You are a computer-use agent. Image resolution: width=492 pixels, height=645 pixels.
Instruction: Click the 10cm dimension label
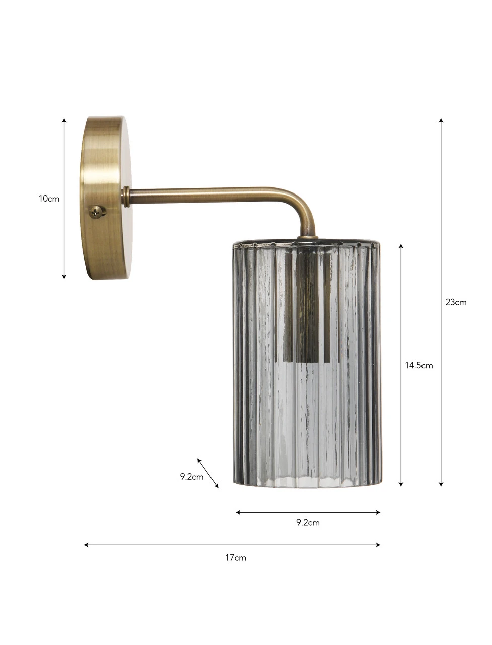click(x=49, y=199)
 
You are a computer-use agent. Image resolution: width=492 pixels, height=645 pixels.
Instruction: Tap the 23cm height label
click(x=456, y=302)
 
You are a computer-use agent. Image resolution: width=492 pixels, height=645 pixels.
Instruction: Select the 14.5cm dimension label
click(x=418, y=365)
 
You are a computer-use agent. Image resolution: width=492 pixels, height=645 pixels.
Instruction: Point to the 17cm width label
click(x=236, y=558)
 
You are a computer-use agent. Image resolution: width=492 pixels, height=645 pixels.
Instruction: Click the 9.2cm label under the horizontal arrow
click(x=308, y=523)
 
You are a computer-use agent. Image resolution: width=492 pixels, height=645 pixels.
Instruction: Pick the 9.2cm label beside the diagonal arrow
click(x=192, y=476)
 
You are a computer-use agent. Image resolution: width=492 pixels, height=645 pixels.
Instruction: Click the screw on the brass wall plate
click(x=96, y=212)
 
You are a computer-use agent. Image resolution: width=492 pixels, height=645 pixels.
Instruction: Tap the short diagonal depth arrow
click(x=208, y=473)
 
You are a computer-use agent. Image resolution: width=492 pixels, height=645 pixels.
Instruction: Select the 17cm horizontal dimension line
click(x=232, y=545)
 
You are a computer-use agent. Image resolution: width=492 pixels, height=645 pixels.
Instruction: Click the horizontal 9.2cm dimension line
click(x=308, y=512)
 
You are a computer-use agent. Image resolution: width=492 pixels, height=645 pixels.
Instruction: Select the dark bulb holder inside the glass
click(x=305, y=307)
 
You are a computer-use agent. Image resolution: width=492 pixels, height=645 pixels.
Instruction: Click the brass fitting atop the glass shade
click(x=307, y=235)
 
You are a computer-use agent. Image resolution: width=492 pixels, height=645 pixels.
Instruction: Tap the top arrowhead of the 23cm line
click(x=441, y=121)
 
